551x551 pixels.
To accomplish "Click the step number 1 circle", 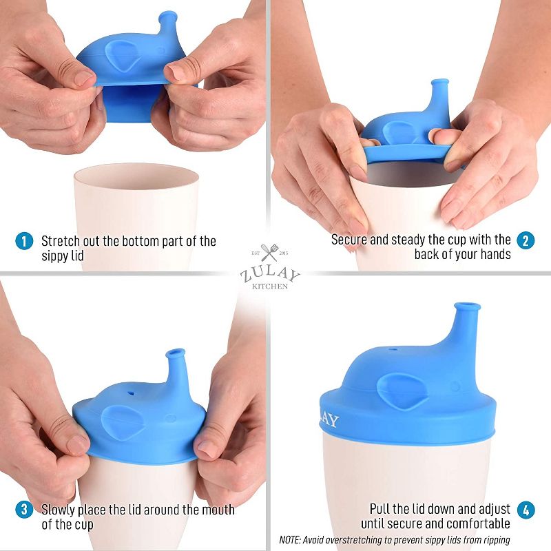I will [x=24, y=241].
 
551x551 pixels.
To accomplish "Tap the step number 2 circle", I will [x=526, y=240].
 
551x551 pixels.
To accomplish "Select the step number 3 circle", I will [x=24, y=510].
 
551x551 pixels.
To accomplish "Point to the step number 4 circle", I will [x=526, y=510].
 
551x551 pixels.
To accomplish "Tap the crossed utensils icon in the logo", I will [x=270, y=253].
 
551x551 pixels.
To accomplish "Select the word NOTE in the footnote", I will [x=295, y=539].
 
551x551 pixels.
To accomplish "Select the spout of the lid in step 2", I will [x=438, y=93].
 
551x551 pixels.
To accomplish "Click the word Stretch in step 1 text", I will [x=61, y=241].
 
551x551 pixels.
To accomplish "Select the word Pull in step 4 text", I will [x=382, y=509].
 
